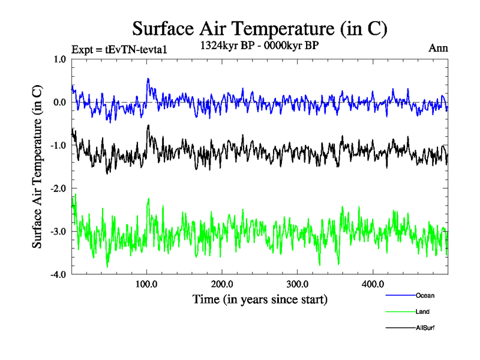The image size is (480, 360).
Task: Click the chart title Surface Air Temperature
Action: [x=260, y=28]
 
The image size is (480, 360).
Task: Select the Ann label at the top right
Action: [x=438, y=48]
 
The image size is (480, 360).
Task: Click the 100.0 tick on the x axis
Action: [x=147, y=284]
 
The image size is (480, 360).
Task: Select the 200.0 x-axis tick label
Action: [x=222, y=284]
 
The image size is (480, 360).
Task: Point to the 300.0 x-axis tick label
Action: [x=298, y=284]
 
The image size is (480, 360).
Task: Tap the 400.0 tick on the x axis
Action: [x=373, y=284]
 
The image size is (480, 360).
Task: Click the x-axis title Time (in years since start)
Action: [x=260, y=299]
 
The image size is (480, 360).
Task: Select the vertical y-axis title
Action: [x=37, y=167]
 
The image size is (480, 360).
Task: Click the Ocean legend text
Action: [x=424, y=296]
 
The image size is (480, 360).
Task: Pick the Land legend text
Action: [x=422, y=312]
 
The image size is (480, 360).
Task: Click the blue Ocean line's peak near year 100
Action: [x=148, y=79]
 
